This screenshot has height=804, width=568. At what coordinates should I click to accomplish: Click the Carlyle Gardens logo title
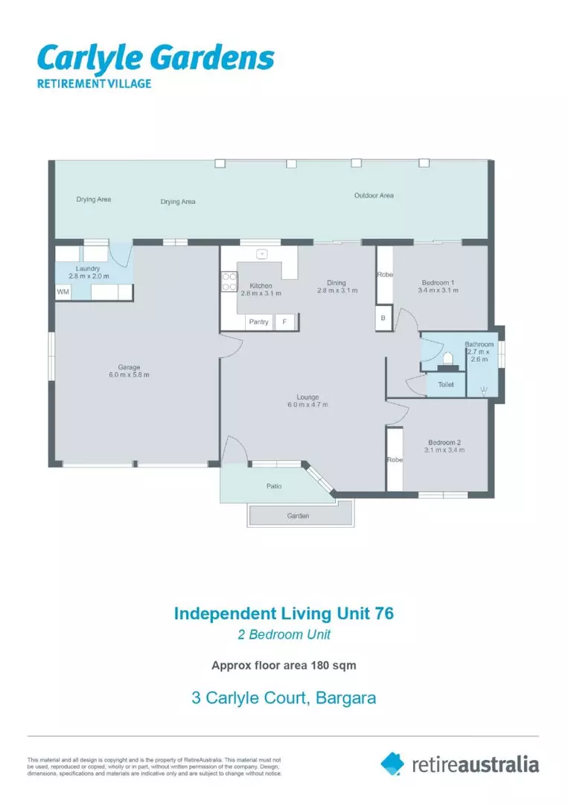pyautogui.click(x=156, y=58)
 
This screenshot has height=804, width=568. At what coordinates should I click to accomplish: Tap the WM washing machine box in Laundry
pyautogui.click(x=63, y=293)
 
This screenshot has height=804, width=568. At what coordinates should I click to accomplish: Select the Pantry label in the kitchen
pyautogui.click(x=258, y=322)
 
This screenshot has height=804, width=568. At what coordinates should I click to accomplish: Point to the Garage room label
pyautogui.click(x=129, y=367)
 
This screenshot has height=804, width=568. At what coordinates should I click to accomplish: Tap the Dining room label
pyautogui.click(x=336, y=282)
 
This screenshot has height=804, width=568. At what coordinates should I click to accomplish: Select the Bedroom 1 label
pyautogui.click(x=435, y=282)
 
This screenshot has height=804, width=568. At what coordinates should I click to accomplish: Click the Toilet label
pyautogui.click(x=446, y=385)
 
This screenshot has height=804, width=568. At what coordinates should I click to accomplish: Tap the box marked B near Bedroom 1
pyautogui.click(x=383, y=318)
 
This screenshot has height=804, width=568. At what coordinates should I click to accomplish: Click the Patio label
pyautogui.click(x=274, y=486)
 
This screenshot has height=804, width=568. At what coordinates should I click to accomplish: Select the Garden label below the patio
pyautogui.click(x=298, y=515)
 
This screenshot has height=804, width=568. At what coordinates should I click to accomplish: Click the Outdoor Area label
pyautogui.click(x=374, y=196)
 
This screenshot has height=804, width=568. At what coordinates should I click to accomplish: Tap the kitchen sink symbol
pyautogui.click(x=261, y=254)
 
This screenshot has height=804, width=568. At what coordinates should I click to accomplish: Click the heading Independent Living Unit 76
pyautogui.click(x=283, y=613)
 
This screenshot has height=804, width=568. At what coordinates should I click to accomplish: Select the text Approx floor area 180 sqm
pyautogui.click(x=284, y=665)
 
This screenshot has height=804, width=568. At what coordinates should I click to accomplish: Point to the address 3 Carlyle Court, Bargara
pyautogui.click(x=284, y=698)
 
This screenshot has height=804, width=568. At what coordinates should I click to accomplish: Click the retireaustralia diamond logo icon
pyautogui.click(x=392, y=763)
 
